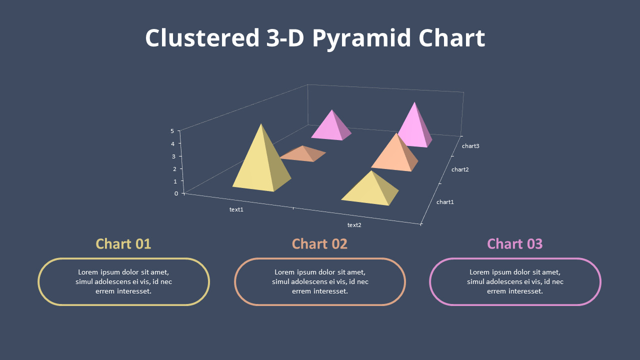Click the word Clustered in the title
pos(199,38)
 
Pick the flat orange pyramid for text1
pos(303,153)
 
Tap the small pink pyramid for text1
pos(331,127)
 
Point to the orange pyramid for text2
pos(395,154)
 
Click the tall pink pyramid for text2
pos(414,127)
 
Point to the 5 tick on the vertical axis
pos(172,131)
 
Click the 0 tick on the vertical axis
pos(176,193)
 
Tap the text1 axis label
pos(236,209)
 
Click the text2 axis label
pos(354,225)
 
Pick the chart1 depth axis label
pos(445,202)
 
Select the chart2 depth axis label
pos(460,169)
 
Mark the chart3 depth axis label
pos(470,146)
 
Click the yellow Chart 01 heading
pos(123,244)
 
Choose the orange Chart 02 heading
pos(319,244)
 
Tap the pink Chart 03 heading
pos(514,244)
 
